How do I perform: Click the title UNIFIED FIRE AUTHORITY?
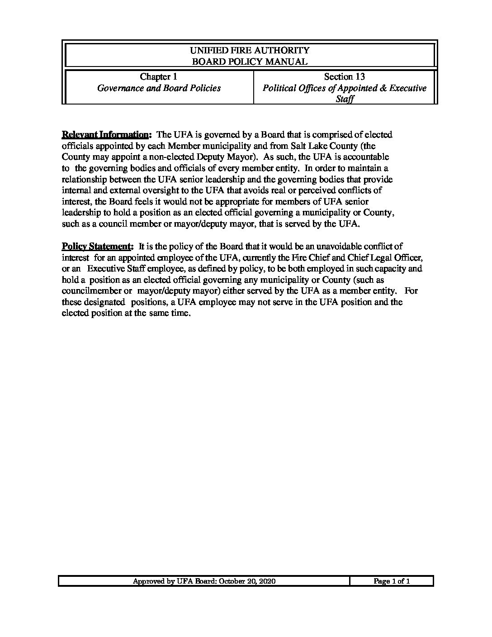[250, 50]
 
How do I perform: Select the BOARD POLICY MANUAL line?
[250, 62]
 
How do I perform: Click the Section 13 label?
[345, 76]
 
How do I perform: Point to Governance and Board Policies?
[159, 88]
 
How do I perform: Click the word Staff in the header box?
[345, 99]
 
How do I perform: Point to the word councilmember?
[90, 291]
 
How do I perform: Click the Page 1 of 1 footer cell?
[392, 581]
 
